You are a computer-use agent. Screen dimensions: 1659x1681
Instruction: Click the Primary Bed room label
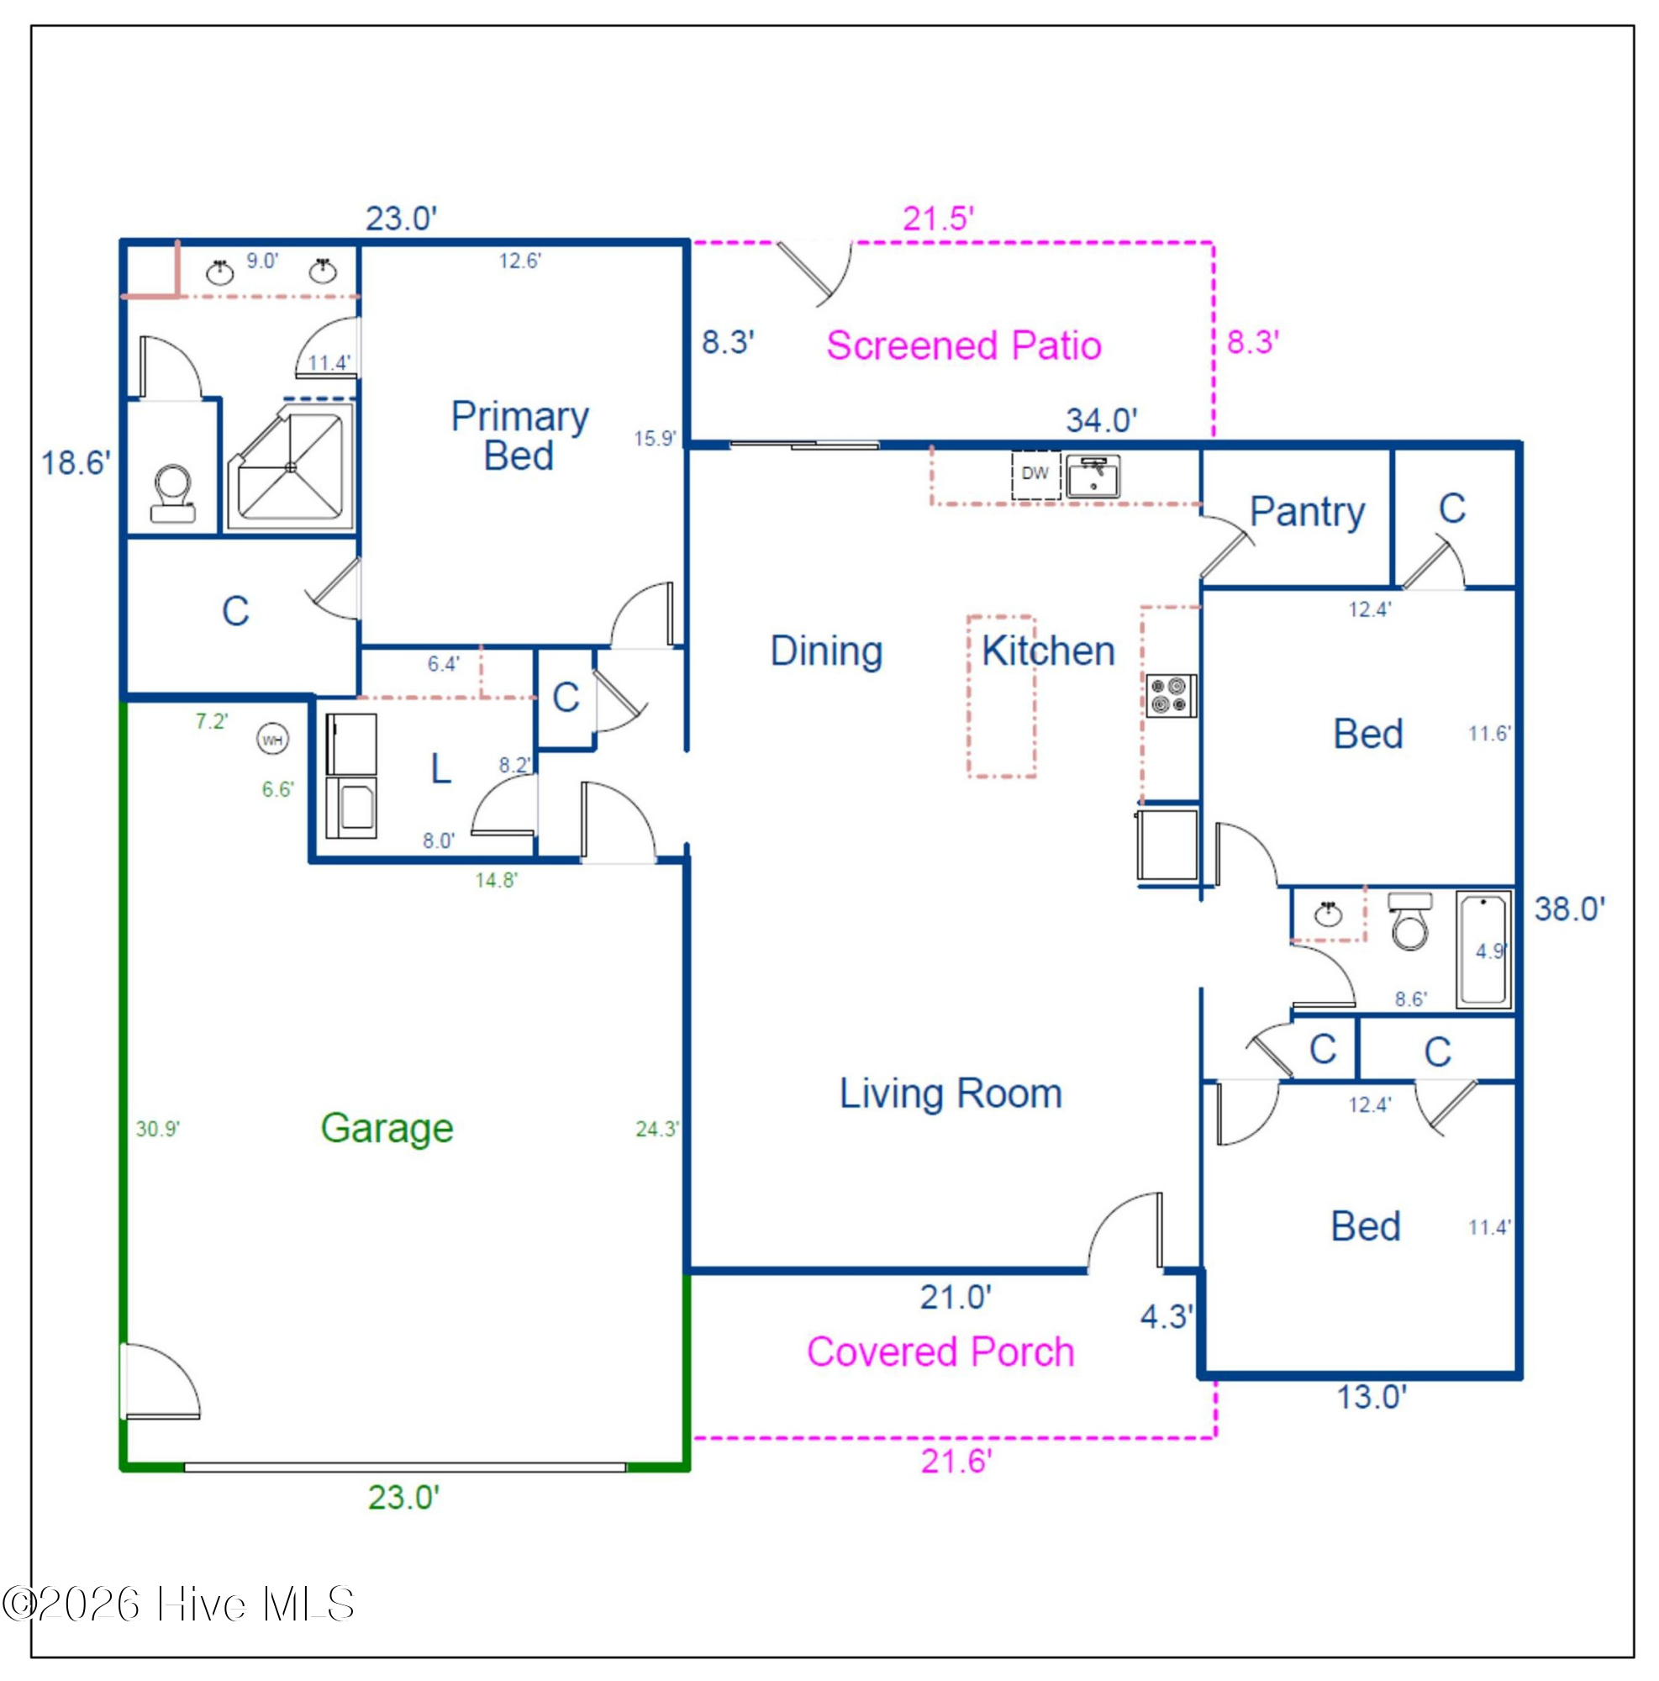point(519,436)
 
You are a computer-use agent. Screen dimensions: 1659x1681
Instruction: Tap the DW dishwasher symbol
point(1035,474)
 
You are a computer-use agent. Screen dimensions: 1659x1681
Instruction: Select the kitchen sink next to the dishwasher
point(1093,477)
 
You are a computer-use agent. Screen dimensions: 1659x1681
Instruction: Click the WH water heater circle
point(272,740)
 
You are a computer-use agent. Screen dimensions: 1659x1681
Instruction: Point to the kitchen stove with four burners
point(1171,696)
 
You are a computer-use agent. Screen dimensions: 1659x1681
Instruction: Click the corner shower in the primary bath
point(291,466)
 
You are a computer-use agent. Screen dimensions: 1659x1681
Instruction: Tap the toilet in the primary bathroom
point(173,493)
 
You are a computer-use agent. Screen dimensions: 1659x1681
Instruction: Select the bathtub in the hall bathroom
point(1484,949)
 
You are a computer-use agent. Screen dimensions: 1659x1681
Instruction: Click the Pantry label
point(1307,513)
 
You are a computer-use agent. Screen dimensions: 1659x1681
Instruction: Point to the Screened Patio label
point(964,345)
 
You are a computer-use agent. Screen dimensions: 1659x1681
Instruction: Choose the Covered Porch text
point(940,1352)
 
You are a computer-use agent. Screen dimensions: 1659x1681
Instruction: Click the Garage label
point(387,1129)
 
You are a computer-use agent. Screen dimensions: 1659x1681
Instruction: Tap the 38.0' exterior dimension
point(1569,909)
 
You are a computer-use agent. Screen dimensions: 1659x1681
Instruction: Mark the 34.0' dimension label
point(1101,420)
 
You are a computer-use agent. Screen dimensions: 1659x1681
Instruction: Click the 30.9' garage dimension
point(157,1130)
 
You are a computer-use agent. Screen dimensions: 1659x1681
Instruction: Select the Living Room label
point(951,1093)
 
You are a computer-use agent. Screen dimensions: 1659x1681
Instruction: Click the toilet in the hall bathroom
point(1409,921)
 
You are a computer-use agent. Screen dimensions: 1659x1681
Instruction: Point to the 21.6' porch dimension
point(956,1461)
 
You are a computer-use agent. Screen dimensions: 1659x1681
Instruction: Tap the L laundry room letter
point(441,768)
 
